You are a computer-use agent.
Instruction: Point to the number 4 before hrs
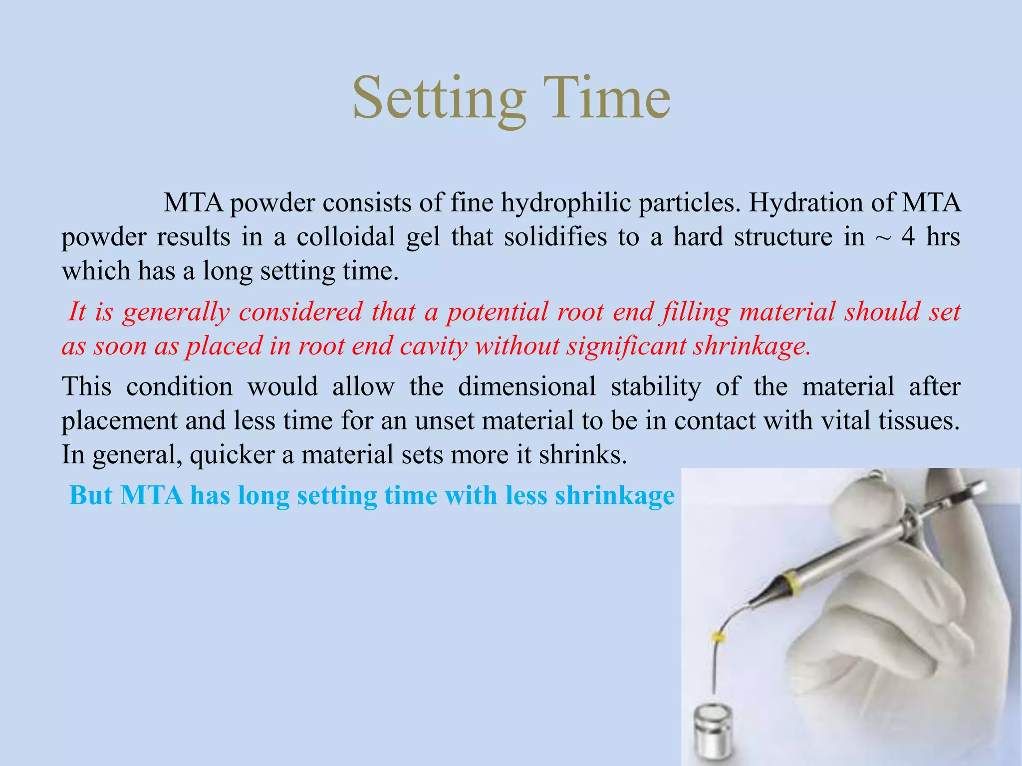(908, 237)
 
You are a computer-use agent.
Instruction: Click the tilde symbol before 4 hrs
(882, 238)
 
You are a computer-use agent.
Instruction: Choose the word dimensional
(526, 387)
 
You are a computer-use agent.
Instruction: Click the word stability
(656, 387)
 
